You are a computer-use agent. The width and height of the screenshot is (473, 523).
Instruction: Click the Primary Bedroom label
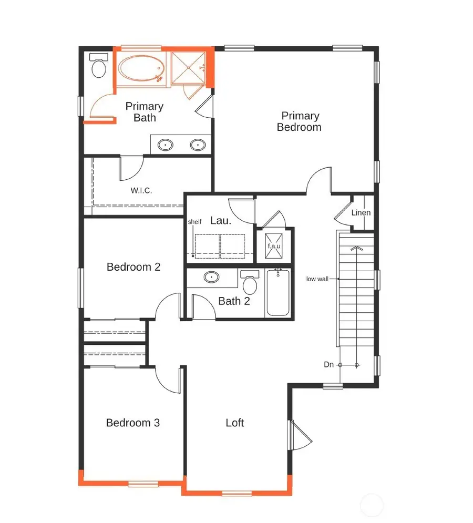click(299, 121)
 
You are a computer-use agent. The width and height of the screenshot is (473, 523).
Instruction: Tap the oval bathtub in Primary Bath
click(140, 69)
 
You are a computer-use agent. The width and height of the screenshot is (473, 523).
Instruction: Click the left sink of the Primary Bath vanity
click(167, 145)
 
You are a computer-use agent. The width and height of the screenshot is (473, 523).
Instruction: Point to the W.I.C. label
click(141, 190)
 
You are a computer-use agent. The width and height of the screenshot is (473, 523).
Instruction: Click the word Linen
click(361, 213)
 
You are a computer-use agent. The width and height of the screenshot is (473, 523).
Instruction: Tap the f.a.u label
click(274, 245)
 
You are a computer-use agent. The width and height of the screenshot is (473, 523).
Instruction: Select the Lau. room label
click(221, 221)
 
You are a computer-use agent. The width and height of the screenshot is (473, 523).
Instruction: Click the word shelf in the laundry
click(194, 222)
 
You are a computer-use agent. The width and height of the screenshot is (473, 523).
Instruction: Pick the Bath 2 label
click(234, 301)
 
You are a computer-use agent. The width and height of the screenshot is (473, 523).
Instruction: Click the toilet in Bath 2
click(250, 283)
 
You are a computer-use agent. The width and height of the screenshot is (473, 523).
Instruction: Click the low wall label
click(317, 279)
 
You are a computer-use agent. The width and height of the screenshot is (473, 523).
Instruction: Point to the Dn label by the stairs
click(327, 364)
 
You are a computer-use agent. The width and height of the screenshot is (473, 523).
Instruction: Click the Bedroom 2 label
click(133, 267)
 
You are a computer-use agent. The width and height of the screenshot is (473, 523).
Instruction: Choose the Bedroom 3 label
click(133, 423)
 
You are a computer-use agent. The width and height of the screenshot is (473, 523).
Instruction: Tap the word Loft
click(235, 423)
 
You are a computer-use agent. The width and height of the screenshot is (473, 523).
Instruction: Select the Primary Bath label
click(145, 112)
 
